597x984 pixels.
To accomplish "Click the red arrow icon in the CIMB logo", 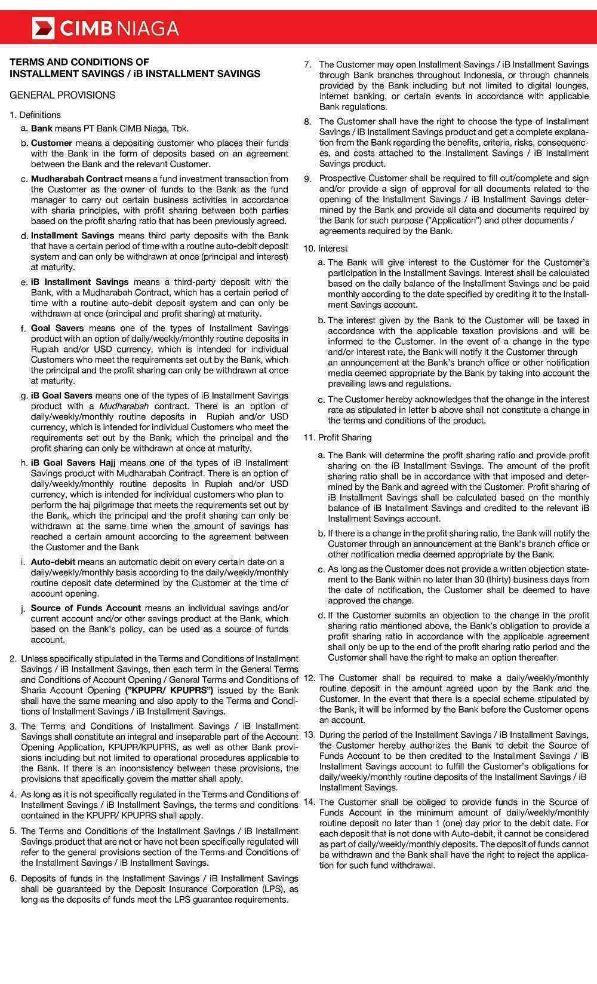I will point(43,28).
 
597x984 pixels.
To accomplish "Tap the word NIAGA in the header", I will point(148,28).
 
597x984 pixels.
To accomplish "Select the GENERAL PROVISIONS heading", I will point(63,95).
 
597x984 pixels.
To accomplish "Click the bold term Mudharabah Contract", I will point(76,179).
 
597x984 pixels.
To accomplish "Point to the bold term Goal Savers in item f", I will point(57,328).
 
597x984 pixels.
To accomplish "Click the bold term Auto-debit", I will point(53,562).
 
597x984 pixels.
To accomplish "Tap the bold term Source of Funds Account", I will point(86,608).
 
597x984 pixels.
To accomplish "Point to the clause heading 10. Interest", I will point(326,249).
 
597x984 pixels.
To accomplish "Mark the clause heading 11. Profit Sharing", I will point(337,438).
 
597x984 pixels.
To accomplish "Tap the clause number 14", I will point(309,802).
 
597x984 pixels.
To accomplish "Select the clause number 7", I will point(307,65).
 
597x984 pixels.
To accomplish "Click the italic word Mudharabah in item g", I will point(124,406).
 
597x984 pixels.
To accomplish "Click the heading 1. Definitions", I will point(35,115).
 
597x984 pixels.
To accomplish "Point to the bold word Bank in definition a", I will point(42,128).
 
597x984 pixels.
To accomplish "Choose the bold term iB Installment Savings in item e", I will point(79,282).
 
